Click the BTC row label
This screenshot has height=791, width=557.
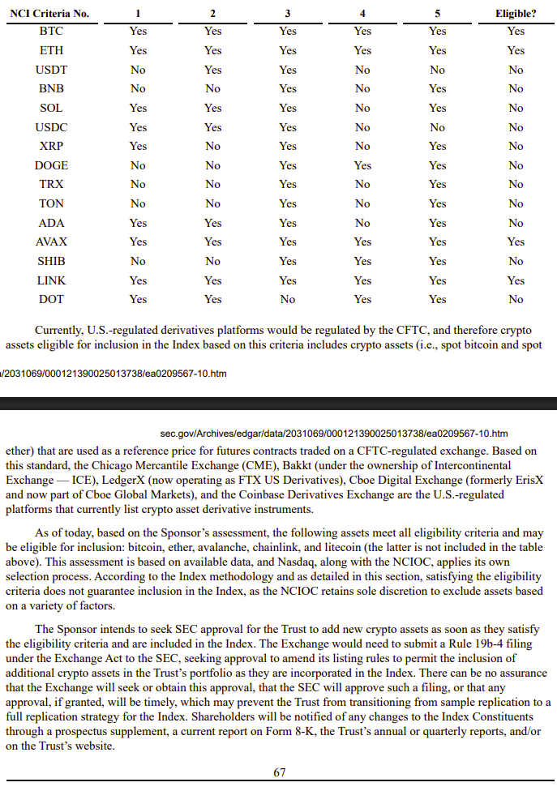[x=51, y=31]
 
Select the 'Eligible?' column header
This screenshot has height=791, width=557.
[x=516, y=13]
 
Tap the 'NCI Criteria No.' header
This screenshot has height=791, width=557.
[x=49, y=13]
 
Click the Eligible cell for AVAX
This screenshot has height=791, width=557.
[x=516, y=242]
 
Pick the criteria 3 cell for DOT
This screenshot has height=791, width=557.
[x=288, y=299]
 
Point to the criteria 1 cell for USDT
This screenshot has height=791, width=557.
[x=138, y=70]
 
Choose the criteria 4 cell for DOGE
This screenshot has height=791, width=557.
[x=362, y=165]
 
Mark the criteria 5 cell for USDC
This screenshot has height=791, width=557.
[x=437, y=127]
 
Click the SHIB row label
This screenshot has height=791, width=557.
[x=51, y=261]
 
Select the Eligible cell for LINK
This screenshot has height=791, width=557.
[x=516, y=280]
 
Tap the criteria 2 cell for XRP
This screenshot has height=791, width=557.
[x=212, y=146]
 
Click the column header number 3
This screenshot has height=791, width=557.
[x=288, y=13]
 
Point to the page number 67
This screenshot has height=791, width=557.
[x=279, y=772]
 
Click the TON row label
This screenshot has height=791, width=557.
[x=51, y=203]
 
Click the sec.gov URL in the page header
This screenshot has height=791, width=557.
[x=335, y=434]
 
